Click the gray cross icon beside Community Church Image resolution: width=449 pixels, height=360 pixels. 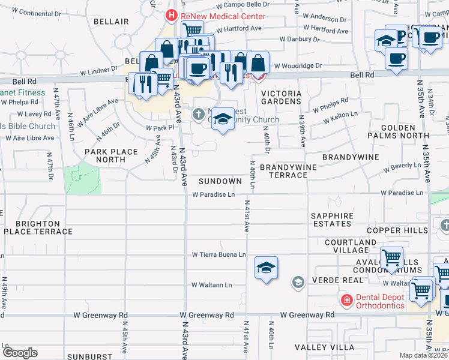click(199, 113)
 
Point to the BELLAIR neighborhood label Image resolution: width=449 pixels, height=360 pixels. click(111, 22)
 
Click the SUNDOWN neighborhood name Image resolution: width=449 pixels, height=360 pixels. click(220, 181)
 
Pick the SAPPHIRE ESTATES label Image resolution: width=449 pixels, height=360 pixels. click(332, 220)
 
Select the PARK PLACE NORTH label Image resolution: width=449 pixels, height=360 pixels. click(111, 155)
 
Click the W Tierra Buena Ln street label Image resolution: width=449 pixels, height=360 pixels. click(218, 255)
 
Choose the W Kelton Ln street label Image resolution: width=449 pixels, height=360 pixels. click(340, 117)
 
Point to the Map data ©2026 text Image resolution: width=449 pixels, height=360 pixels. click(424, 355)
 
